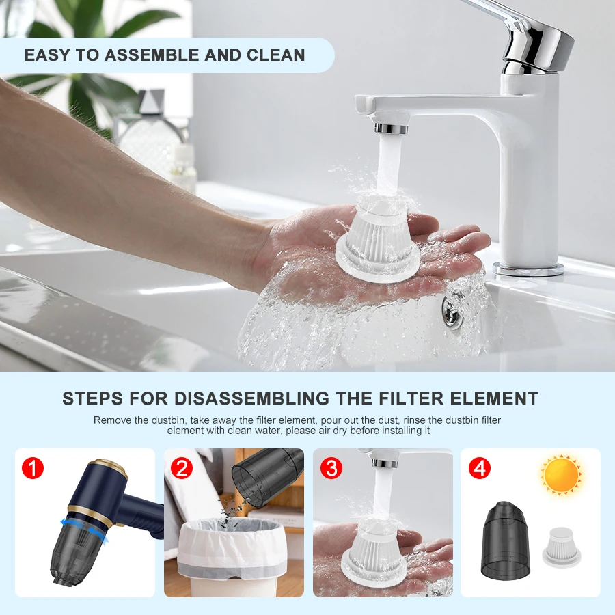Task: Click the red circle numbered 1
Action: [x=33, y=468]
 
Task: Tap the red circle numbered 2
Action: [x=182, y=468]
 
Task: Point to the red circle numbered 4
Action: [x=480, y=468]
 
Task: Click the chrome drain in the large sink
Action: [x=453, y=307]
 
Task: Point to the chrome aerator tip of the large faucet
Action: [x=392, y=128]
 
